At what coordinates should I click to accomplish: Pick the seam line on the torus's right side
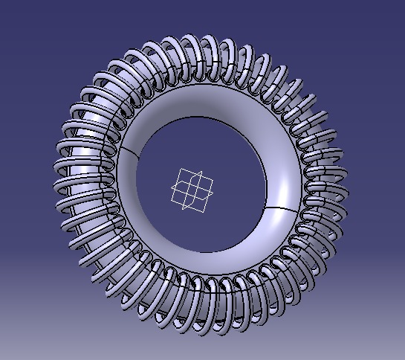(x=283, y=208)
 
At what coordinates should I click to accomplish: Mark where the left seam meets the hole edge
(x=139, y=157)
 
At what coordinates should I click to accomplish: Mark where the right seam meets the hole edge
(x=268, y=206)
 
